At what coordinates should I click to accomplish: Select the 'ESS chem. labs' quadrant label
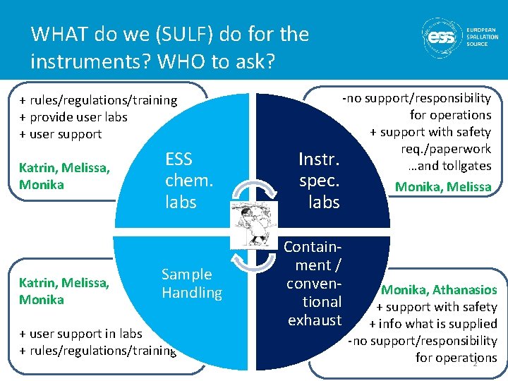188,180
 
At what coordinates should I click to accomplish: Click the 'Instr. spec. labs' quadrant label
319,180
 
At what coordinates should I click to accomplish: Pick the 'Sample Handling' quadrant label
191,283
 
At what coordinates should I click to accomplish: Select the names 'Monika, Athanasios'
439,290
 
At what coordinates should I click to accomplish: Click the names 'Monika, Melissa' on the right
442,187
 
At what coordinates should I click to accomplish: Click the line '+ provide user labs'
73,117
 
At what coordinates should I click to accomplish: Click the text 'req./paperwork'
445,149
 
